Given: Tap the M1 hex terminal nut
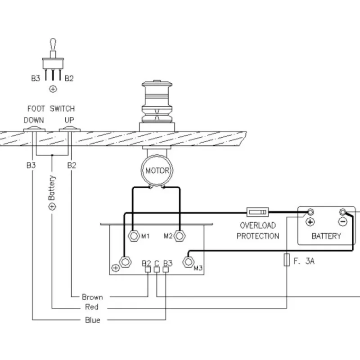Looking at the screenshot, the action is coord(134,236).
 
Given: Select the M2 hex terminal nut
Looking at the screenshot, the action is coord(180,236).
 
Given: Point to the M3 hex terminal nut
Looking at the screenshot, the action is coord(188,262).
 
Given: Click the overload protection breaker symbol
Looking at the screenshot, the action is coord(257,212).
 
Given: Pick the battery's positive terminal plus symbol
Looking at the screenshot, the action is coord(310,222).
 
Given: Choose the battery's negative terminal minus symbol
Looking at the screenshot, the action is coord(342,222).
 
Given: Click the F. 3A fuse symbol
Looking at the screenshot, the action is coord(287,260).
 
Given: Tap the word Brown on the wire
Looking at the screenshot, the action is coord(92,297).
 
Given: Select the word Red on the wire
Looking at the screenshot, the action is coord(92,307).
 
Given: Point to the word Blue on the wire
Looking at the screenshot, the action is coord(93,320).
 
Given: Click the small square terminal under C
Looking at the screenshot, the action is coord(157,270).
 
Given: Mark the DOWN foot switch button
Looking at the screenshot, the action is coord(34,129).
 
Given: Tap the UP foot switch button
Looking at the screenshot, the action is coord(70,129).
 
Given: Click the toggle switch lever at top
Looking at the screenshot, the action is coord(53,45).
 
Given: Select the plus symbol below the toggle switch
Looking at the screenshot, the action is coord(53,89).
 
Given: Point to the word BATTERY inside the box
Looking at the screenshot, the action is coord(326,236).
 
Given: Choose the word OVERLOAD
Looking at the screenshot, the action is coord(258,225).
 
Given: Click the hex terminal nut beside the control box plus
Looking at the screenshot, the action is coord(126,262).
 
